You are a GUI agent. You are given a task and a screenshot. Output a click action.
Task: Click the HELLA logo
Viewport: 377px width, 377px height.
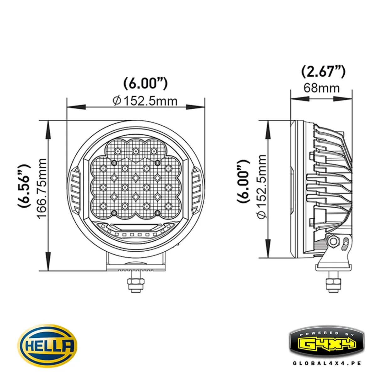click(47, 346)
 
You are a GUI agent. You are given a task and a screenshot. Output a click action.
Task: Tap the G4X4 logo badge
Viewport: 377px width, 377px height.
click(327, 344)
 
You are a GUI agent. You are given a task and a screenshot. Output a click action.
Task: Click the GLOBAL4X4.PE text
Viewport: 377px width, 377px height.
click(327, 363)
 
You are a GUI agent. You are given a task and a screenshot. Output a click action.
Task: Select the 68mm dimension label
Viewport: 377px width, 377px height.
click(321, 88)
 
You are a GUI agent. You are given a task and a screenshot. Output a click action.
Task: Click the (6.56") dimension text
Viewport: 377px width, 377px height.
click(25, 186)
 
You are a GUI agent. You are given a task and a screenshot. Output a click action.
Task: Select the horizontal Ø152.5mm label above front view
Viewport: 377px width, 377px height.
click(145, 101)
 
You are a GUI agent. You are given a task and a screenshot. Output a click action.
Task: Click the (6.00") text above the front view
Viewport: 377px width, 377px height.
click(145, 83)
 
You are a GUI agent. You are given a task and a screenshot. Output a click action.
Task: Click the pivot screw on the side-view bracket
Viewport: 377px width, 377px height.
click(332, 242)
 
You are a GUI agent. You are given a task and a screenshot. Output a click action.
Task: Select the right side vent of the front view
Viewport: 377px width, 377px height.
click(197, 189)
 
